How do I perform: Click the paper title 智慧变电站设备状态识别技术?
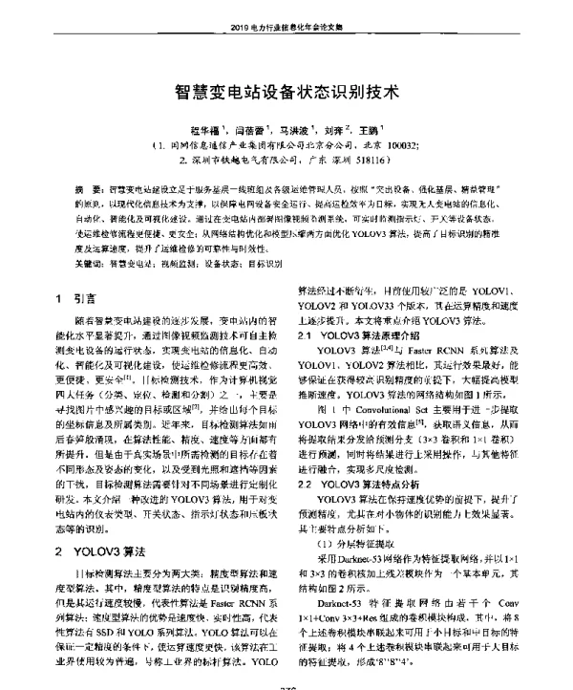pyautogui.click(x=286, y=94)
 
